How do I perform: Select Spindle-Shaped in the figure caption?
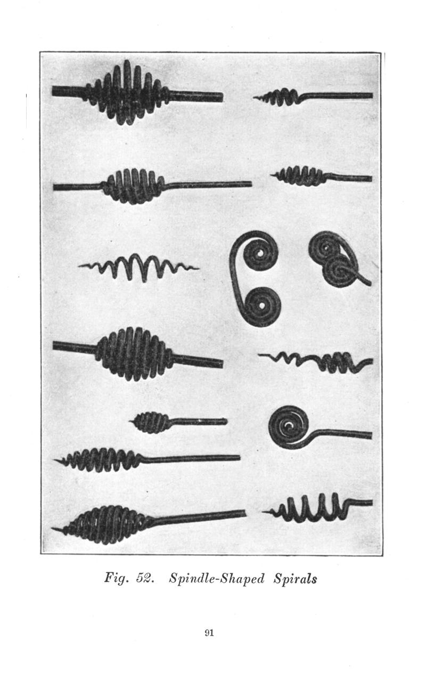click(217, 579)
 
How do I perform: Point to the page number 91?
click(209, 633)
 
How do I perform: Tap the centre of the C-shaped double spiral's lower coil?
click(262, 306)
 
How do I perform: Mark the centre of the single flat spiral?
click(289, 426)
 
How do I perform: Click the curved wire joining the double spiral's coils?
click(234, 277)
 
